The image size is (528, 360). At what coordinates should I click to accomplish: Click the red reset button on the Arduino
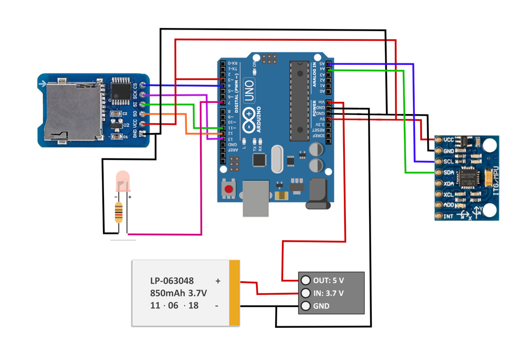229,189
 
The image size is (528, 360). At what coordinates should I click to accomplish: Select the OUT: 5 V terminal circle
305,280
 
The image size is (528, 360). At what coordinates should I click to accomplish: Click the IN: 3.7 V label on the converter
328,293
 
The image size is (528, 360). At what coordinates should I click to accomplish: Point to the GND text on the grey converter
321,306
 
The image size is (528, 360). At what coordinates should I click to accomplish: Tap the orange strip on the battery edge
235,292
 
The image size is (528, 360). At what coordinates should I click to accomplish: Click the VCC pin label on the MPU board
448,139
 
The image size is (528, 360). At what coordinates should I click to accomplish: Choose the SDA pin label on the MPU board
448,173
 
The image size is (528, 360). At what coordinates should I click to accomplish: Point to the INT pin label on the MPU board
448,216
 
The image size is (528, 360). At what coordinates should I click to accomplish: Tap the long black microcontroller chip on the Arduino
299,100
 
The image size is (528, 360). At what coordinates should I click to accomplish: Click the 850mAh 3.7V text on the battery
178,293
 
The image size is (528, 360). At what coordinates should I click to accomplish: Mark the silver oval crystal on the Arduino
278,159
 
